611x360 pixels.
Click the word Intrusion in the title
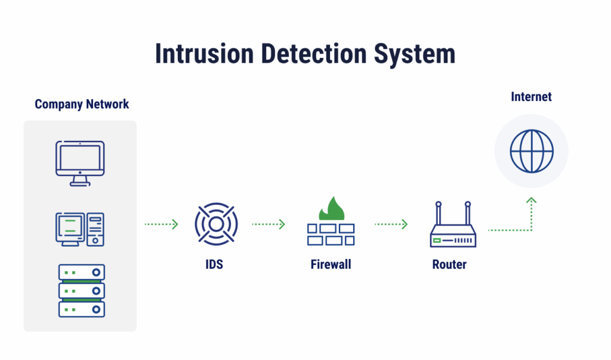click(196, 54)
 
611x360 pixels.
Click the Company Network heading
click(82, 104)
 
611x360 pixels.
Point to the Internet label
click(531, 97)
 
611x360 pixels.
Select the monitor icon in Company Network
click(80, 163)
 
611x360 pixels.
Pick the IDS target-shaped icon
click(216, 224)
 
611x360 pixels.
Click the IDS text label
click(214, 264)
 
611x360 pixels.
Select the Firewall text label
click(331, 264)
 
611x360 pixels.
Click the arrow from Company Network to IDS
click(161, 224)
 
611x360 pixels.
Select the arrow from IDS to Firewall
click(269, 224)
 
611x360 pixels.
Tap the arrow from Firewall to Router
click(391, 224)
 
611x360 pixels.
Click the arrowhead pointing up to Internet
click(531, 201)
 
